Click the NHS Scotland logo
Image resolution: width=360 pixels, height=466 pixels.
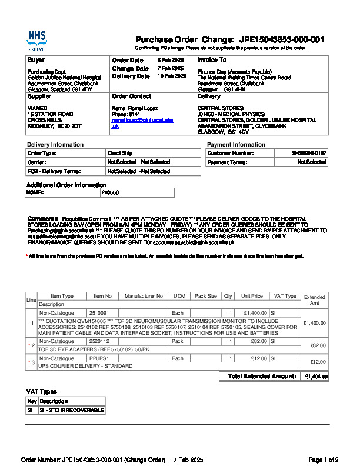(x=36, y=41)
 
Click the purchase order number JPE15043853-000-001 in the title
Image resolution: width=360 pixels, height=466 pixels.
(x=281, y=39)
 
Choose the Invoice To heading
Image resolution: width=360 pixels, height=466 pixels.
(x=212, y=60)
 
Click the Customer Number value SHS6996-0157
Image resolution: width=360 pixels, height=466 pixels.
(x=309, y=153)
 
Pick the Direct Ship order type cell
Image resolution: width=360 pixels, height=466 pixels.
(x=115, y=153)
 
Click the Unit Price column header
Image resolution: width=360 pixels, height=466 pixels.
(x=252, y=296)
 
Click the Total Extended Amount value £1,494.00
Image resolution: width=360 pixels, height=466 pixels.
(x=315, y=377)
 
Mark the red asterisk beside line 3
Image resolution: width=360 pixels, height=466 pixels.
(x=29, y=362)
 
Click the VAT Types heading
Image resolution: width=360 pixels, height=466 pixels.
(x=41, y=391)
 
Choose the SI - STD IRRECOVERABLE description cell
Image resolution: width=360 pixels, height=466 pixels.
(x=71, y=410)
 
